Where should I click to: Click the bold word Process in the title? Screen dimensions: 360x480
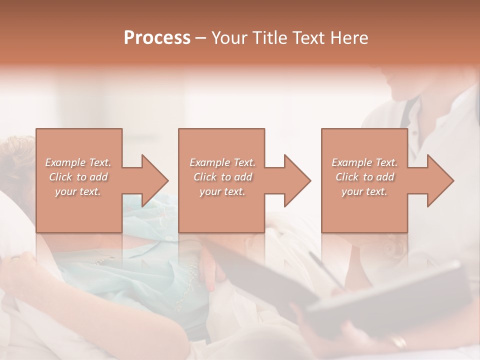[157, 37]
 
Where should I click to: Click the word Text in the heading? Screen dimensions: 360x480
[307, 37]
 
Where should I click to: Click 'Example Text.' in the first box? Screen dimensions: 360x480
[78, 162]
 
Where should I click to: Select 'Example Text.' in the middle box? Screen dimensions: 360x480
[222, 162]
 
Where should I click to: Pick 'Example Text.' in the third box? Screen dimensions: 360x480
[364, 162]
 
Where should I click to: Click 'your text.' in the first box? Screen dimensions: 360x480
[78, 191]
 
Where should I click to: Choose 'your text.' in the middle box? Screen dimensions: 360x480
[222, 191]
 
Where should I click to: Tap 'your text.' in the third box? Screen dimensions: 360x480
[364, 191]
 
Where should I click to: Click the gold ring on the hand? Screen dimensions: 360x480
[398, 342]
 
